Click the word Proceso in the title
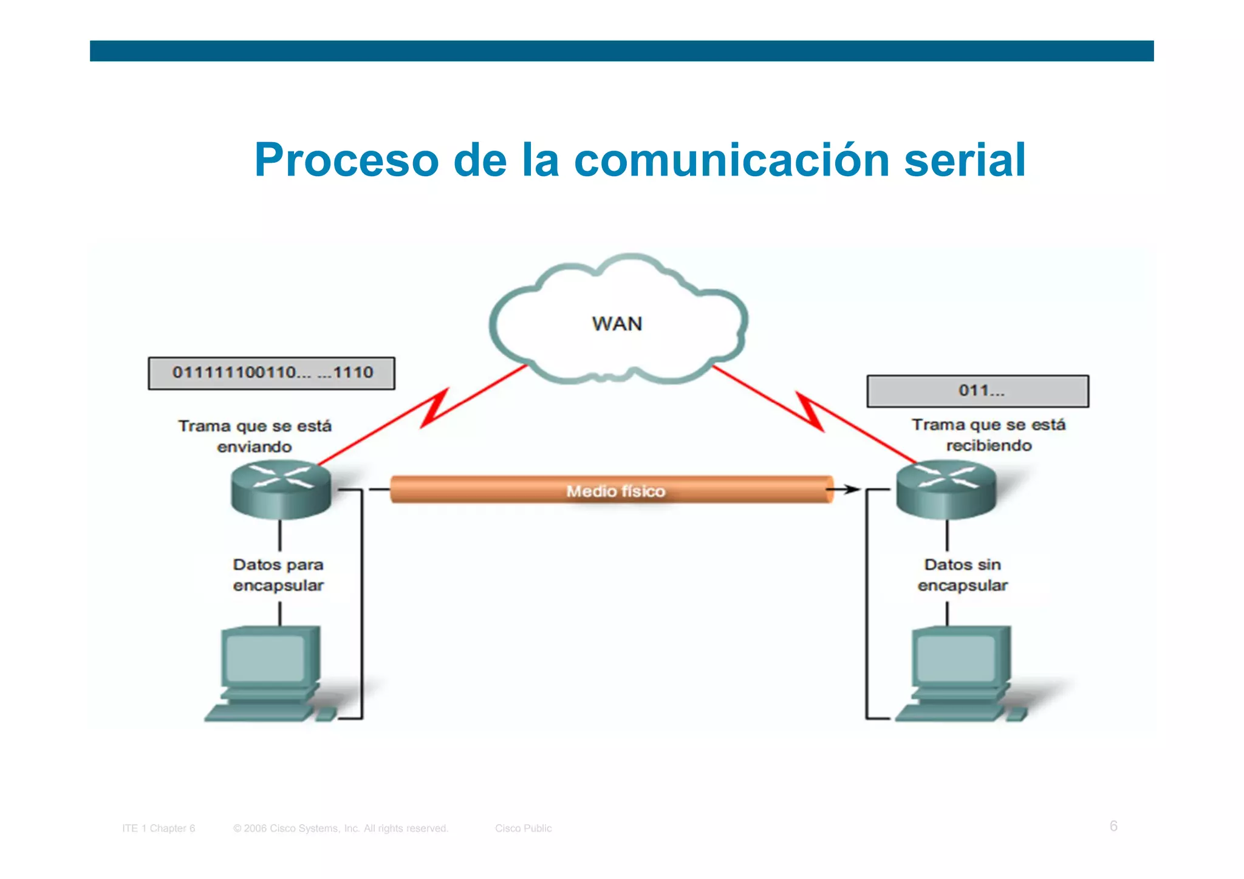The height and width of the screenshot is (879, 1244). pos(346,160)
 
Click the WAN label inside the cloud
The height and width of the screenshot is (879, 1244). pos(617,324)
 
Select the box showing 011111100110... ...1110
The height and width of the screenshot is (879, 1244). pos(272,373)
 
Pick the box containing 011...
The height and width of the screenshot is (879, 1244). pos(977,391)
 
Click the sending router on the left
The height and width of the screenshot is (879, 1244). pos(281,490)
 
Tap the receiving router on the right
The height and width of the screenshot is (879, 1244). pos(946,490)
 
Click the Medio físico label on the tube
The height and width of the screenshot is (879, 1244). pos(615,491)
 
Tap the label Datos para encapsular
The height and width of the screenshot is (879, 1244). pos(278,575)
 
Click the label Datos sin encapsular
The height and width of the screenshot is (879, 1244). pos(963,575)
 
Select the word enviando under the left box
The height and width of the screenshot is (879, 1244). pos(255,447)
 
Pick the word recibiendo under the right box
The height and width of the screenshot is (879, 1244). pos(989,446)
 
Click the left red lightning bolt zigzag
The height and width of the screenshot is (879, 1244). pos(435,408)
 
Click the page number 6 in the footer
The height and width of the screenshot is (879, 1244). pos(1113,826)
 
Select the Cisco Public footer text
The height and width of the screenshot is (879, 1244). pos(523,829)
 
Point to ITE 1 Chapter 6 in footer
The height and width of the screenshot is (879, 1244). pos(159,829)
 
